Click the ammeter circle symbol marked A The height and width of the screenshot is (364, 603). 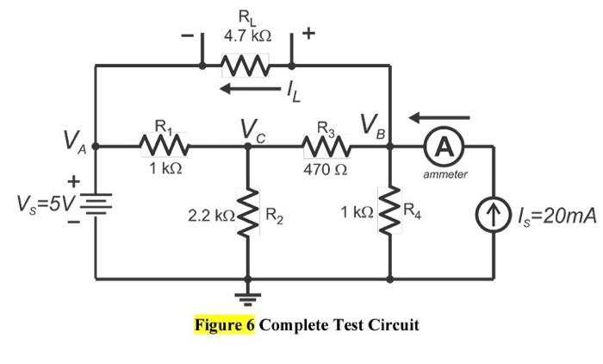tap(444, 147)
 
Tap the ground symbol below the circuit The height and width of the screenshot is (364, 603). tap(249, 300)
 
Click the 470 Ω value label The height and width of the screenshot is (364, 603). tap(325, 169)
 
